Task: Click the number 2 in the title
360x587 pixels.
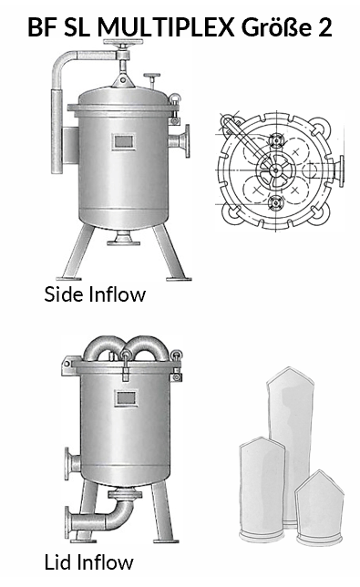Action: (325, 27)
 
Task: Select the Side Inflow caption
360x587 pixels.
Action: (95, 294)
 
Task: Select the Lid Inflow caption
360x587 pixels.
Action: (88, 562)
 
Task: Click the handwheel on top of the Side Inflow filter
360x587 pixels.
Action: (123, 42)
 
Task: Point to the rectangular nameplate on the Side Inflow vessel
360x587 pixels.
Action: (123, 142)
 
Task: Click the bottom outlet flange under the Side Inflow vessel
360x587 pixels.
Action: (123, 238)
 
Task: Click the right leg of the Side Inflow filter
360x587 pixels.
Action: (170, 252)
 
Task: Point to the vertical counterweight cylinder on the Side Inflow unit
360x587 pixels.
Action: (57, 131)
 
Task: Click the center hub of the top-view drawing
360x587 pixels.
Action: (276, 170)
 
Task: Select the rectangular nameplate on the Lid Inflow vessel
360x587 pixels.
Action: (126, 398)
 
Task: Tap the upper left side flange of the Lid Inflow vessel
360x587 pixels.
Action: (72, 463)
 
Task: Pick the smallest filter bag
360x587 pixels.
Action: (319, 508)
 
